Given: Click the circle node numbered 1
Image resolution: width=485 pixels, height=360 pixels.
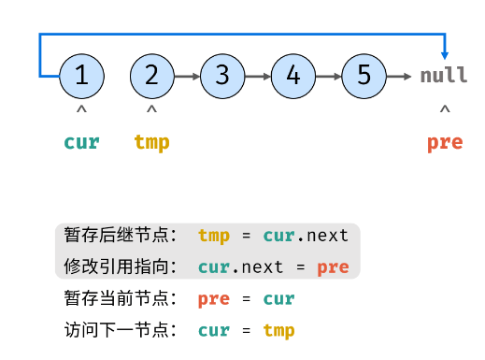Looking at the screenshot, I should (81, 76).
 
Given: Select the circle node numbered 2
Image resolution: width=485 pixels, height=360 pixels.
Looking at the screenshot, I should (152, 76).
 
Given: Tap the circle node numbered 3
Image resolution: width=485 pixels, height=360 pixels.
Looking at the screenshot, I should (222, 76).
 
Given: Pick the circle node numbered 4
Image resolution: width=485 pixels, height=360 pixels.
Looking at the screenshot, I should (293, 76).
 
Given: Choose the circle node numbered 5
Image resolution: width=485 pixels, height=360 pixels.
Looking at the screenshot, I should (364, 76).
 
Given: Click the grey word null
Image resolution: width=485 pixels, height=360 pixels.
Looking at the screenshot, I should (443, 77).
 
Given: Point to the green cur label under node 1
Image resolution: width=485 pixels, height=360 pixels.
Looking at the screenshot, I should (81, 143).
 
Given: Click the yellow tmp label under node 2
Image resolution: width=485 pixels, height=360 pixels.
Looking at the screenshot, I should (152, 143).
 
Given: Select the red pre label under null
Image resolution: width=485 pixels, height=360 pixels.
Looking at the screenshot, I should (445, 143).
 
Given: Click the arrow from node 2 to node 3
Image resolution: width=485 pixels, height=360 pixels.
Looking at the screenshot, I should (188, 76).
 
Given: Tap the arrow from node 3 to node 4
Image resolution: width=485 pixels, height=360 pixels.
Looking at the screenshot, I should (258, 76).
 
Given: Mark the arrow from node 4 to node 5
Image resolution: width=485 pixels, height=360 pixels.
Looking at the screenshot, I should (329, 76).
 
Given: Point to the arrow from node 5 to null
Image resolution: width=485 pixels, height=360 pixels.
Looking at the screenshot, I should (400, 76).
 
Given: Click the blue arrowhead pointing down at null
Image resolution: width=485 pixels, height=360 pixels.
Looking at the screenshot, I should (445, 54).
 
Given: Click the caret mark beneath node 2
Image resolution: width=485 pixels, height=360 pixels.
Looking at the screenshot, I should (152, 111).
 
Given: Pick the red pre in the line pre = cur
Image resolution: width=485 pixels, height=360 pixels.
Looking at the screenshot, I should (214, 299).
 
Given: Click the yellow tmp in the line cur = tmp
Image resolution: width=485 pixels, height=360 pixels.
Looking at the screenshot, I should (278, 330).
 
